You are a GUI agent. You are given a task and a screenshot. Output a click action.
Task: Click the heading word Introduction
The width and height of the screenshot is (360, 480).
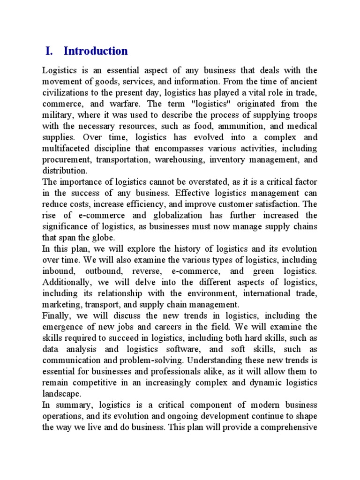95,51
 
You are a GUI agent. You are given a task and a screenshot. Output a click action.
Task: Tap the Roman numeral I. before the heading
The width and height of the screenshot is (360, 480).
50,51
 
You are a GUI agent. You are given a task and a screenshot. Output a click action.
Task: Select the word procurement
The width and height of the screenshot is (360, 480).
65,159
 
